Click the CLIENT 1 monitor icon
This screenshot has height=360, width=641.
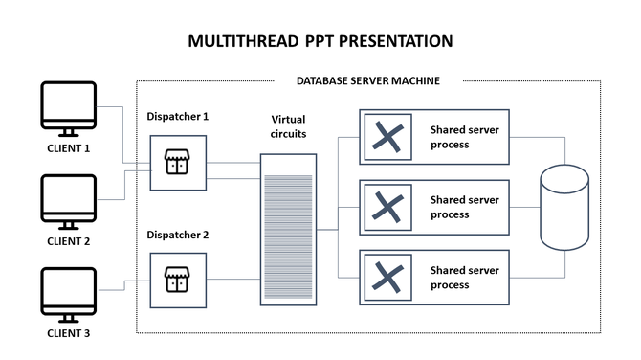click(x=68, y=108)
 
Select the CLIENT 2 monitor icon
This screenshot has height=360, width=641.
click(x=68, y=201)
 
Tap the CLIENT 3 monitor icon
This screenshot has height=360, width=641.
click(x=68, y=294)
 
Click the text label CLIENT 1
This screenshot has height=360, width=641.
click(x=68, y=148)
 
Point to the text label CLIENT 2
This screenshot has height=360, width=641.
click(x=68, y=241)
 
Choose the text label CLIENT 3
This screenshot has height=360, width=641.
click(x=68, y=334)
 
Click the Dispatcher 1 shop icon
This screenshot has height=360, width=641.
click(x=177, y=163)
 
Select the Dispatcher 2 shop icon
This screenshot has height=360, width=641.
click(x=177, y=280)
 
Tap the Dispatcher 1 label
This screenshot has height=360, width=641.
click(x=178, y=117)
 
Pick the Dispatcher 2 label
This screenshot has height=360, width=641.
click(x=178, y=235)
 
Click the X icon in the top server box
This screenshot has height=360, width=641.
click(x=387, y=137)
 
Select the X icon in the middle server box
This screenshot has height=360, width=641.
click(x=387, y=207)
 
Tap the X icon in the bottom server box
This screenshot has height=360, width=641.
click(x=387, y=277)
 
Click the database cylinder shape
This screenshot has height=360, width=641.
click(x=564, y=207)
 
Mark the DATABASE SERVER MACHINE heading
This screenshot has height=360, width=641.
click(x=367, y=81)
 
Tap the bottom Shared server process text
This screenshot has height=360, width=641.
click(x=463, y=278)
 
